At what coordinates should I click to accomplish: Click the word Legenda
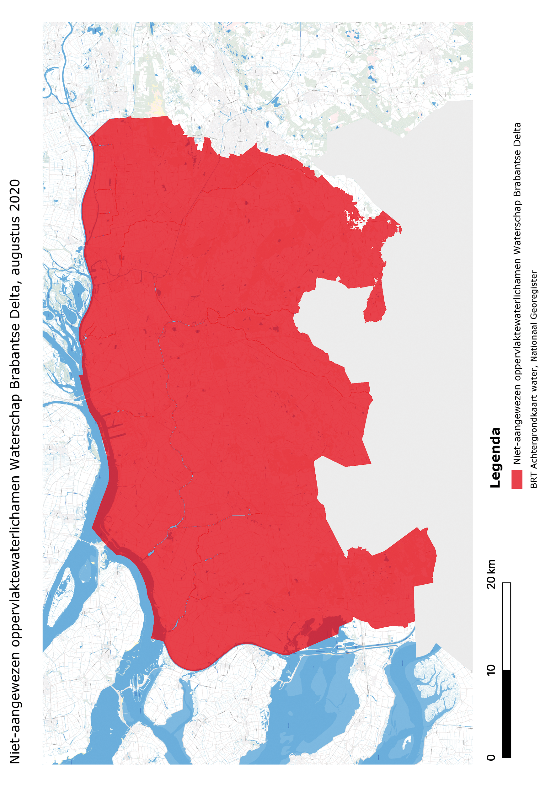click(x=495, y=458)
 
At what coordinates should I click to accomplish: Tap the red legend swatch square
click(x=516, y=479)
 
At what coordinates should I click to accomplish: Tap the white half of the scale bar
click(x=506, y=626)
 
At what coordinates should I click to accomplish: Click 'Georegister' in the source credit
click(x=534, y=294)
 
